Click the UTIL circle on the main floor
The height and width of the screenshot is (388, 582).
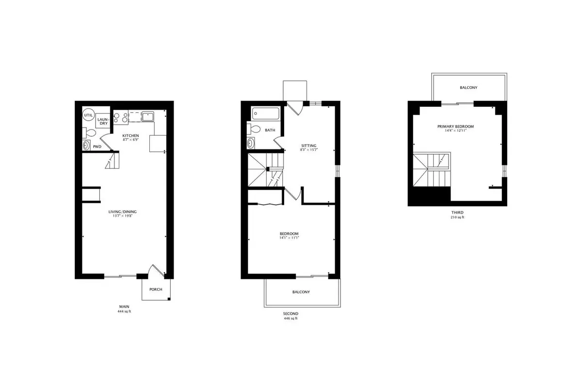coord(88,115)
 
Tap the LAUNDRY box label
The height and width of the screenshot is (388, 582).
coord(103,121)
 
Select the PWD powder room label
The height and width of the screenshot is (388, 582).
coord(97,146)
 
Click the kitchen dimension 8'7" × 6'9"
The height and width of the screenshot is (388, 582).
coord(130,140)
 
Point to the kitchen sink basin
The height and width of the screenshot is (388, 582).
coord(148,116)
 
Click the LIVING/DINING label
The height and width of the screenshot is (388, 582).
coord(122,211)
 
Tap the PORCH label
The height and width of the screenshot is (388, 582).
coord(156,289)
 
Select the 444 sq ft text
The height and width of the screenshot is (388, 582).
coord(124,311)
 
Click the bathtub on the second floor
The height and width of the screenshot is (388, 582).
coord(266,113)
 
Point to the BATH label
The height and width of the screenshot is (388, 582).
coord(270,130)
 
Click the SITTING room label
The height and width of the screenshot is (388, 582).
coord(309,145)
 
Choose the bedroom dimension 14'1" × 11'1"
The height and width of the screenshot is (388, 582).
coord(289,238)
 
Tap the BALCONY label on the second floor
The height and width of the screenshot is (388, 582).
coord(301,292)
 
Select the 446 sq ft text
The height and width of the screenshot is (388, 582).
coord(291,318)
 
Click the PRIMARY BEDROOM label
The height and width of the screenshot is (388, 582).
coord(455,126)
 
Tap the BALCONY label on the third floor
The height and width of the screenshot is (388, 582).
coord(469,88)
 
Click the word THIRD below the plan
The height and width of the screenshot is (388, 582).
coord(457,212)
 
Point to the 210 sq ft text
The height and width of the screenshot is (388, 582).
coord(457,217)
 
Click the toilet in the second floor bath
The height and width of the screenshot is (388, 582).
coord(254,129)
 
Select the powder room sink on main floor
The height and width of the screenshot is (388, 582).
coord(86,145)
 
